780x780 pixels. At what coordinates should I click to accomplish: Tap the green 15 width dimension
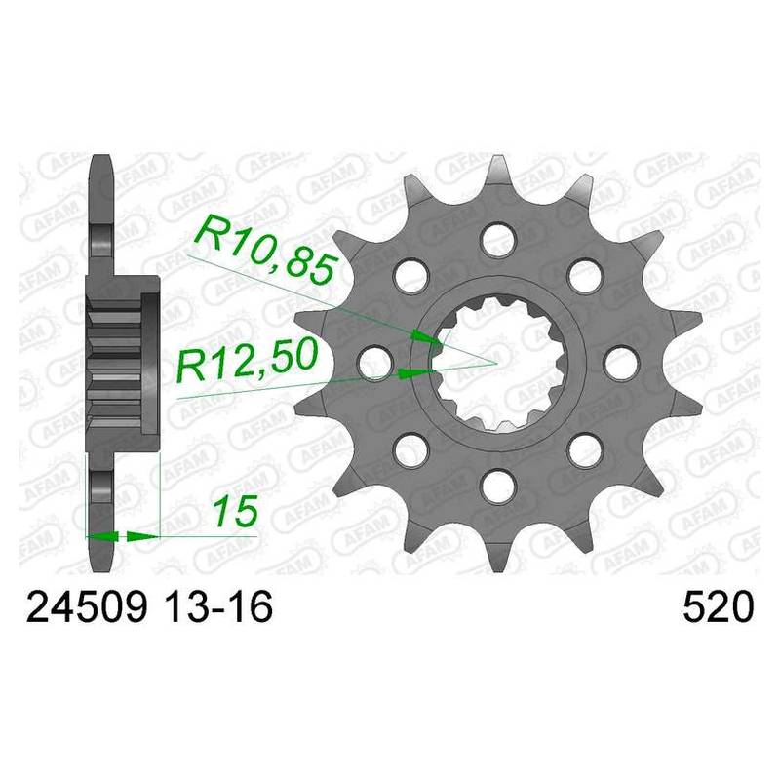pos(235,511)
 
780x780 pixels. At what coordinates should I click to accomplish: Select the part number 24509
pos(87,606)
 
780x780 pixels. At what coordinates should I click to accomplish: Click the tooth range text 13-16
pos(218,606)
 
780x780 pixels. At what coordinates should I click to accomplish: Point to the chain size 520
pos(719,606)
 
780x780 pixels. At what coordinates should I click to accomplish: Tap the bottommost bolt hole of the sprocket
pos(498,485)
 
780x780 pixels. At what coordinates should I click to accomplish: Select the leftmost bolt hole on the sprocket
pos(375,362)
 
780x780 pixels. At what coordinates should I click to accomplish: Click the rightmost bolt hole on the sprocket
pos(621,362)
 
